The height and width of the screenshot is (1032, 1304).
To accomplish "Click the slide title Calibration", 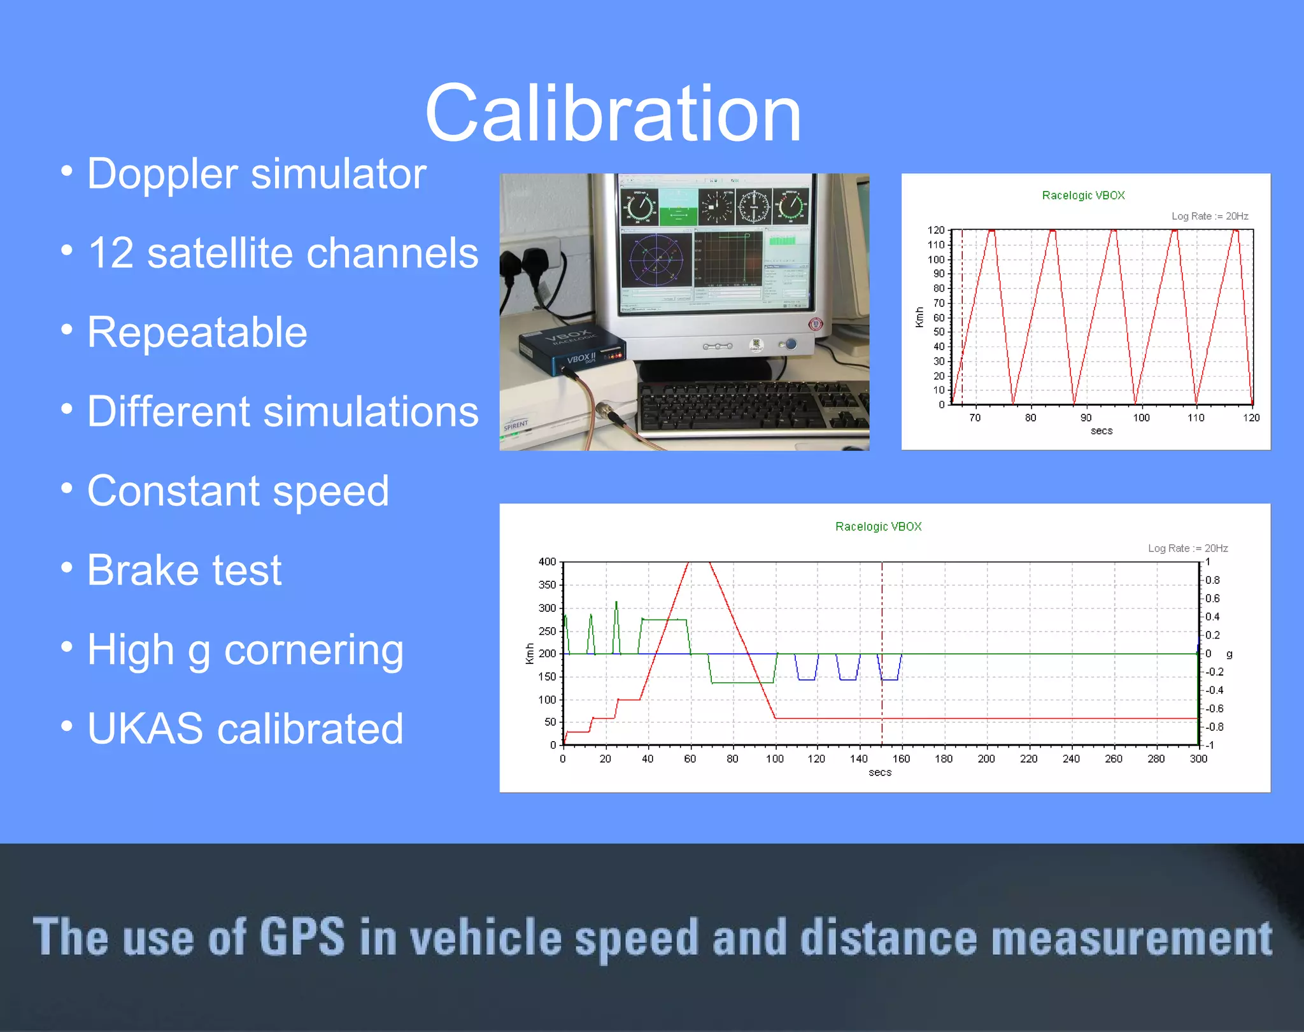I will [x=613, y=115].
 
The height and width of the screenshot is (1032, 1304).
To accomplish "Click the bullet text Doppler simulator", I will [x=256, y=174].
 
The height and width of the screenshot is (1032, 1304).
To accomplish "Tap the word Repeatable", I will [x=197, y=332].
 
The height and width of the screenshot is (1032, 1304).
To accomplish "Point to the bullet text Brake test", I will [x=184, y=570].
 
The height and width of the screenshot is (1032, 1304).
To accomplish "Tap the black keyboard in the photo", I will [x=751, y=407].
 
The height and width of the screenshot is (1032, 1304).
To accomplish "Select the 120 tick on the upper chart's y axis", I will [x=935, y=230].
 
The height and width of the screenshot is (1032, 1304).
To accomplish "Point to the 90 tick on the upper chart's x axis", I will [x=1086, y=418].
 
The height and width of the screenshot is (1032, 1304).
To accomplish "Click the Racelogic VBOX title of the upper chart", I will [x=1083, y=195].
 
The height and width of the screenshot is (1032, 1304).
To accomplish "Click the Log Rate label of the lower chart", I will [x=1187, y=548].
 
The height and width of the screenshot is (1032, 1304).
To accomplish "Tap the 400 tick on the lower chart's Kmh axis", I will [x=547, y=562].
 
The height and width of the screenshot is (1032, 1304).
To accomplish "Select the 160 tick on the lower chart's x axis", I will [x=901, y=759].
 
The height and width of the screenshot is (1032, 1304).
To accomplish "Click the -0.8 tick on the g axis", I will [x=1214, y=727].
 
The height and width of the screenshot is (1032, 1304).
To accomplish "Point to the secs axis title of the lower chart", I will [x=880, y=773].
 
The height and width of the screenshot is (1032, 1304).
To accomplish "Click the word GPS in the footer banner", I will [x=302, y=937].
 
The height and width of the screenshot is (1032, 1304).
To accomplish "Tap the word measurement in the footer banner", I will [x=1131, y=937].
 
